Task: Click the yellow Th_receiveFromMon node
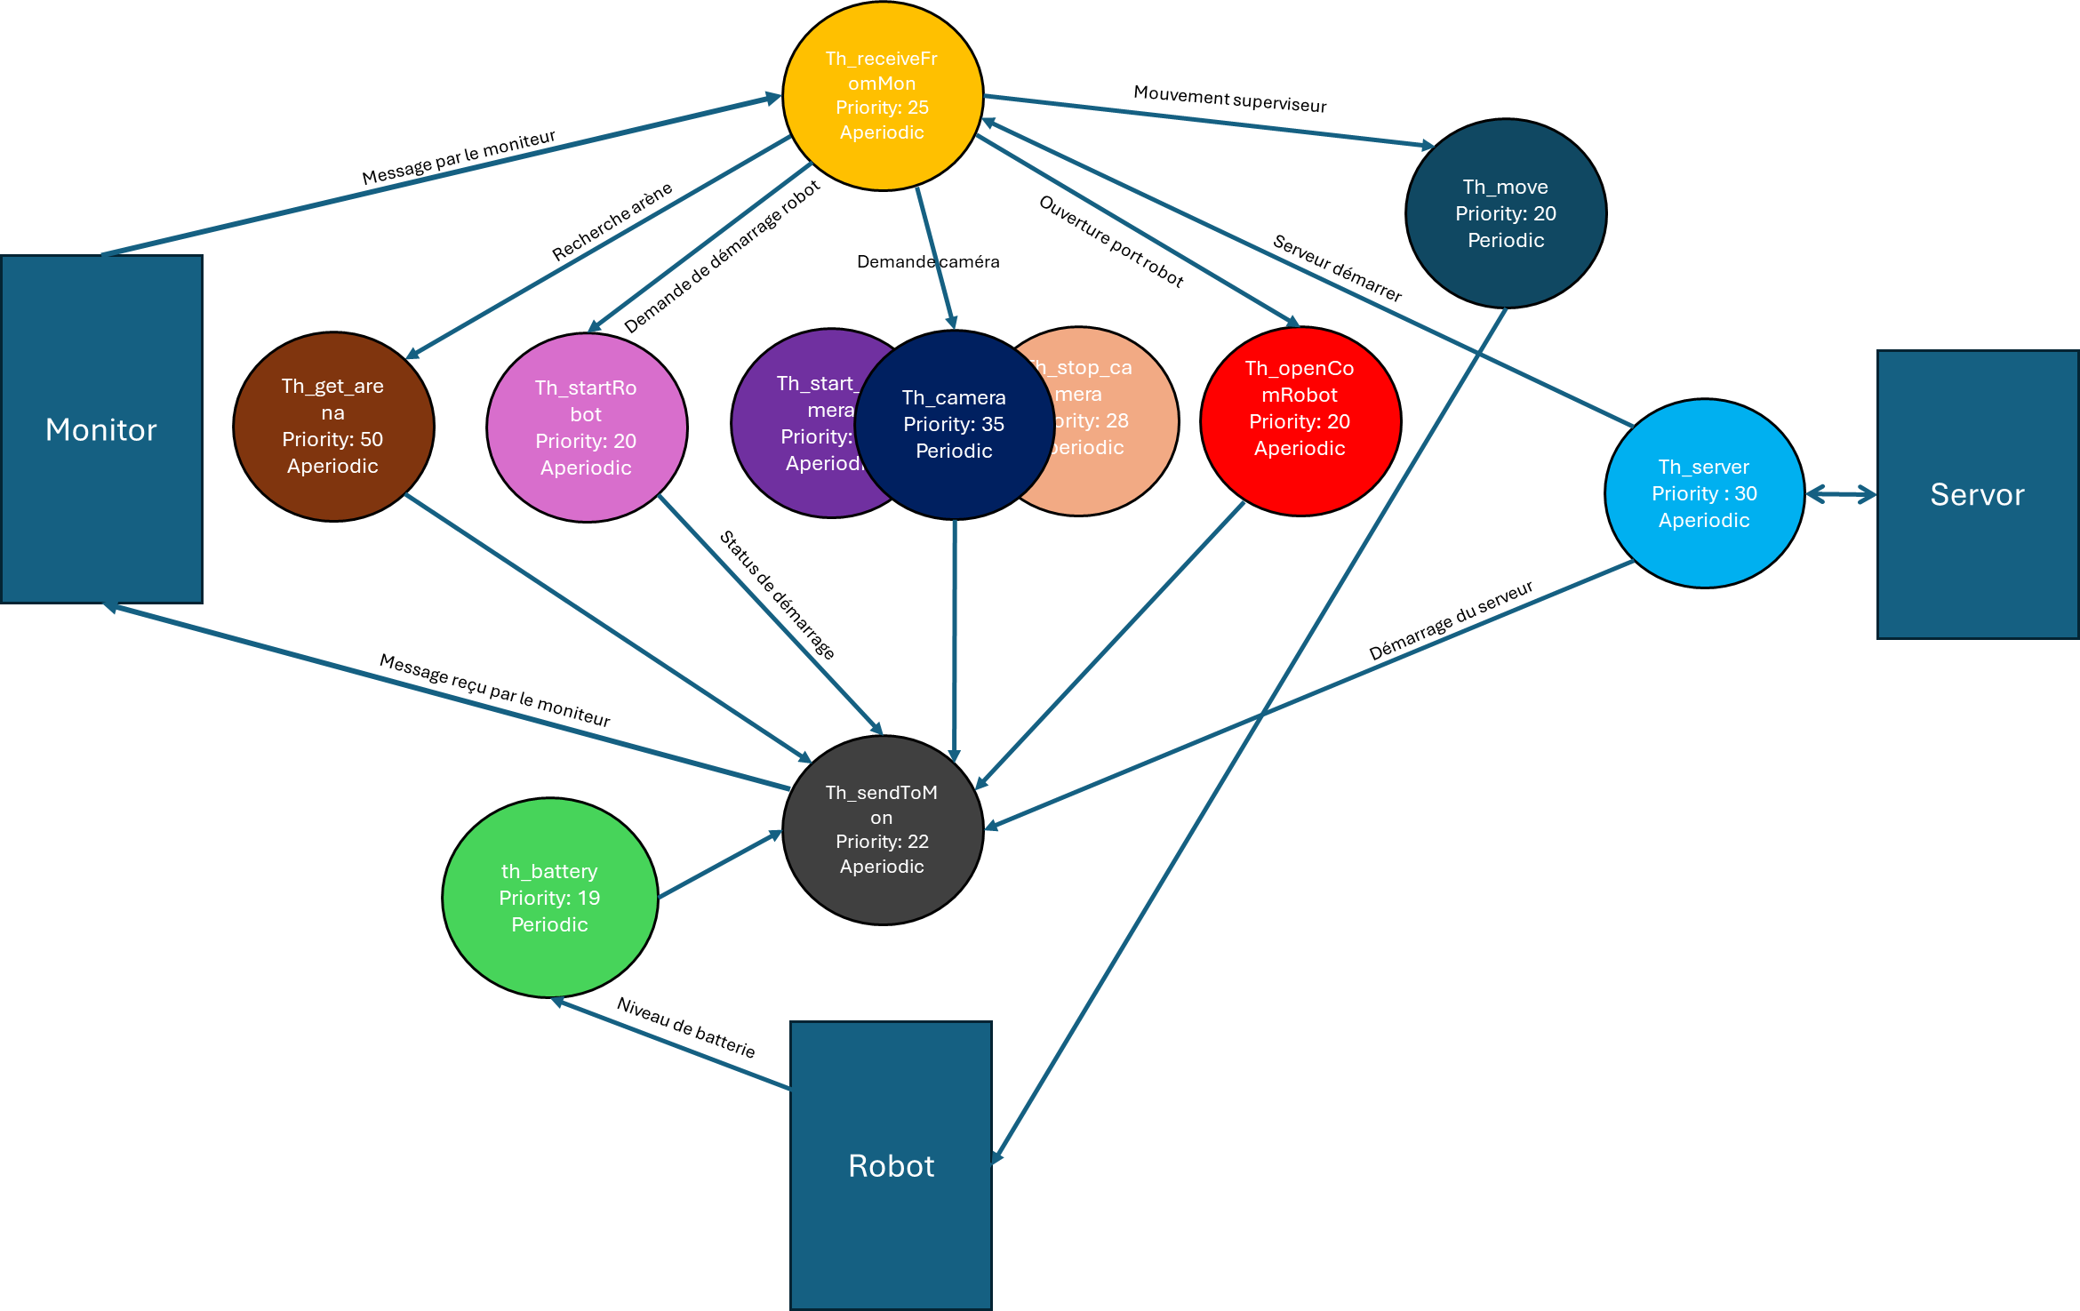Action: (882, 96)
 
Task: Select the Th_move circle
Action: (1506, 213)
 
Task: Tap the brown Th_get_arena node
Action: (333, 427)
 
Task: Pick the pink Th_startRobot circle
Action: (587, 428)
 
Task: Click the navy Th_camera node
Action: (954, 425)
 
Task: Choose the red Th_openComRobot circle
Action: (1300, 421)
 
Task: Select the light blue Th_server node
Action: (1704, 493)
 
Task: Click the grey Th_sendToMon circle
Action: (882, 830)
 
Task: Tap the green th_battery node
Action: (549, 898)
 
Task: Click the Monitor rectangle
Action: (101, 429)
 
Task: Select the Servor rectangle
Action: (1977, 494)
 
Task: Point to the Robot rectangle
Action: (891, 1165)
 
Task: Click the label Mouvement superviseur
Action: (1229, 99)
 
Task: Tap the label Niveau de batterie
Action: (685, 1027)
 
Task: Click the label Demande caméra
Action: (927, 261)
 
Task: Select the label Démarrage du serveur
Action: (1450, 620)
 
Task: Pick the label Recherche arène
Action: (612, 221)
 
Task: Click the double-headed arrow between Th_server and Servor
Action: (1841, 495)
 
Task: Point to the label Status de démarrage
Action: (776, 595)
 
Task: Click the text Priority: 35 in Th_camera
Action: (954, 424)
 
